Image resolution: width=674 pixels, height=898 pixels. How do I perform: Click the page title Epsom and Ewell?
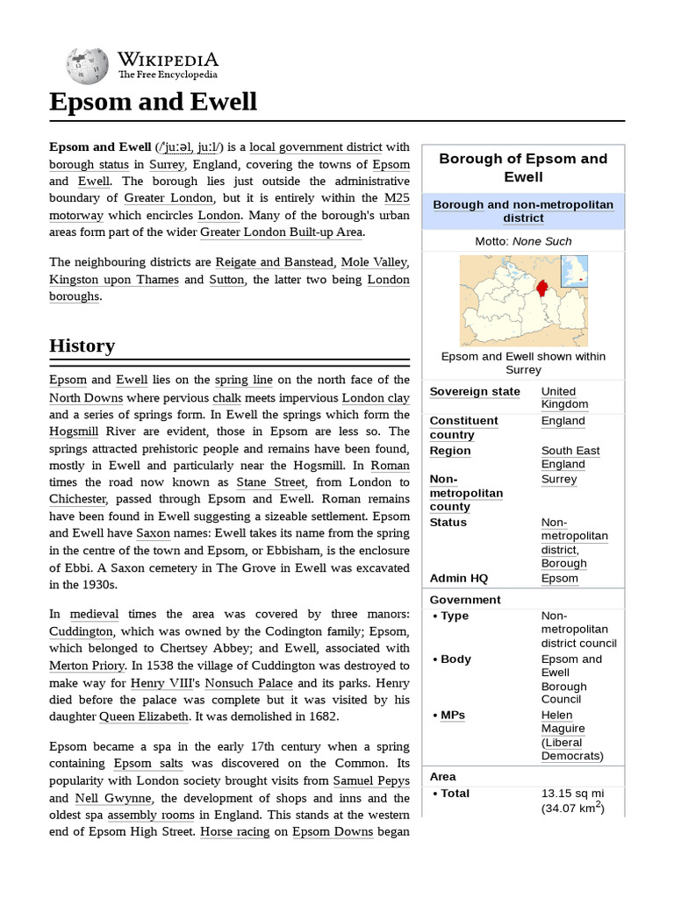point(153,102)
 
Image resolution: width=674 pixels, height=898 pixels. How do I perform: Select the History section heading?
point(82,346)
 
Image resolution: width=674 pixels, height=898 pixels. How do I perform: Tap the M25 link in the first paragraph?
point(397,198)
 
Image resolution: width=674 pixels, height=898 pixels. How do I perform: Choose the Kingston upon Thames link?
point(114,280)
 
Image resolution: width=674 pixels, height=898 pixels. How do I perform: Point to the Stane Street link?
point(271,482)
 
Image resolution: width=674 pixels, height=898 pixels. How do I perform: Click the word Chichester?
point(78,499)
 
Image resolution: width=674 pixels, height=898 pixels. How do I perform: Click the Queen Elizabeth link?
point(144,716)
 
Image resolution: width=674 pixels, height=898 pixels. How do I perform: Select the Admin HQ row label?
point(458,578)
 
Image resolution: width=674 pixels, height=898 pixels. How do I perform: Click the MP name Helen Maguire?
point(563,722)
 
